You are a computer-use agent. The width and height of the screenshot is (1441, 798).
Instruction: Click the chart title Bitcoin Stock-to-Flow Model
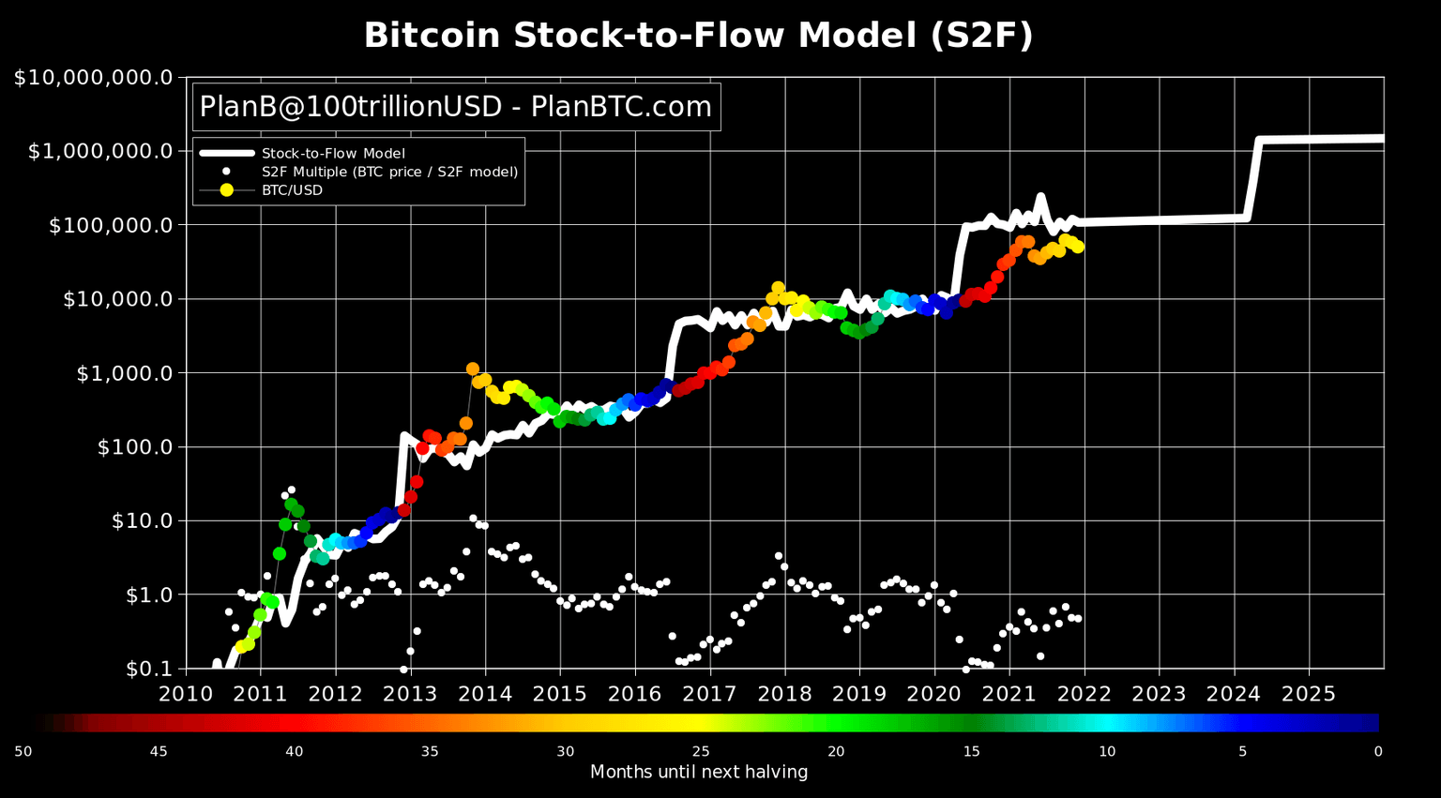coord(698,36)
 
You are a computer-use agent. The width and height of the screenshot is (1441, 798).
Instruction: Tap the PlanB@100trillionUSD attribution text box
coord(456,107)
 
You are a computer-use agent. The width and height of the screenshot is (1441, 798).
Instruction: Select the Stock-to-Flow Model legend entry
coord(333,153)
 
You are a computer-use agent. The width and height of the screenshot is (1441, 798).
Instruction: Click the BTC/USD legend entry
coord(292,190)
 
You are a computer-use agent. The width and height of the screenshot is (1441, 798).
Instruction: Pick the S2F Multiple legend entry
coord(389,172)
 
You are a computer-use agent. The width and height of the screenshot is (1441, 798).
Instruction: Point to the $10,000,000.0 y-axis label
coord(93,77)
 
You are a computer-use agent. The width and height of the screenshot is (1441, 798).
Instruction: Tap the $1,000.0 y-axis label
coord(125,373)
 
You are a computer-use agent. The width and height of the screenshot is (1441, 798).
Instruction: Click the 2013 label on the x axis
coord(410,694)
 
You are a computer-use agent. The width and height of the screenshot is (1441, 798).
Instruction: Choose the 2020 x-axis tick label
coord(934,694)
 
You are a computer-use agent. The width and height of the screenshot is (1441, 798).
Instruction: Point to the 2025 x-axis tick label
coord(1309,694)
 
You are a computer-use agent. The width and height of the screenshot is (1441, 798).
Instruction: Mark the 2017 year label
coord(709,694)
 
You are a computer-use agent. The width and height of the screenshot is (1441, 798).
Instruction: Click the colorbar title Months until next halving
coord(698,773)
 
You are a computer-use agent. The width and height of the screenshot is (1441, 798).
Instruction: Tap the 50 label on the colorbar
coord(23,751)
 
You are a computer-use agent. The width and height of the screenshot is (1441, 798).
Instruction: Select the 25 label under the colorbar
coord(701,751)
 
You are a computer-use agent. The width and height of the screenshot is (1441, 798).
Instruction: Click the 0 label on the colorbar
coord(1377,751)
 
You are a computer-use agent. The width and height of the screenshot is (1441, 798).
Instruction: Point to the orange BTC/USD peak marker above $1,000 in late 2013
coord(473,369)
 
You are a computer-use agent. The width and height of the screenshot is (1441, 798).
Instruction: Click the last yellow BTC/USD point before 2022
coord(1078,247)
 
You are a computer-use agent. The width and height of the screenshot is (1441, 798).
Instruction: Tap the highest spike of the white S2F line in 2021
coord(1039,198)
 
